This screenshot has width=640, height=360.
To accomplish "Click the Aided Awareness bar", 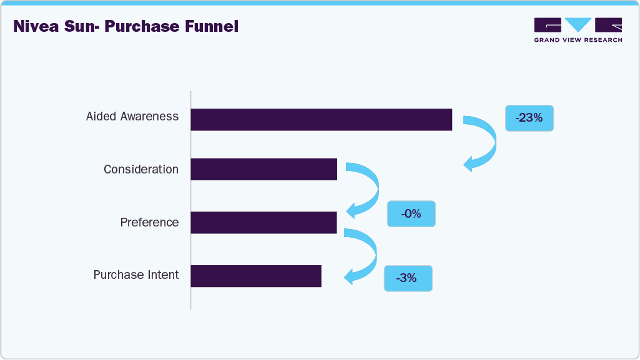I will (321, 119).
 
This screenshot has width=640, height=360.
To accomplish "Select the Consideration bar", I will (263, 169).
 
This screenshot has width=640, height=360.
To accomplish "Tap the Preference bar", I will (263, 222).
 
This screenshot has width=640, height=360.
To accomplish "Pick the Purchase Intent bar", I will (256, 275).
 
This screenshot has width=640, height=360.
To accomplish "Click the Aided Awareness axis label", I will (132, 117).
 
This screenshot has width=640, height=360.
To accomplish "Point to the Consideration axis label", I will (141, 170).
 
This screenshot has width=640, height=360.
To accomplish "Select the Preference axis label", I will (149, 223).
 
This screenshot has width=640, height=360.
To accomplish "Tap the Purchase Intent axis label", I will (136, 275).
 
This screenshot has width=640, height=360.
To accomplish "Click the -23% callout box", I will (529, 117).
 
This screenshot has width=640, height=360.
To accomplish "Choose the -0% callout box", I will (411, 214).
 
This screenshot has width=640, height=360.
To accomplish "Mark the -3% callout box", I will (408, 278).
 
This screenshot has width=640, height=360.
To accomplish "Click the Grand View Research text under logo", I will (578, 40).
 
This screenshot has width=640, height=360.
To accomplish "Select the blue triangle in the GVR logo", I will (578, 24).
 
